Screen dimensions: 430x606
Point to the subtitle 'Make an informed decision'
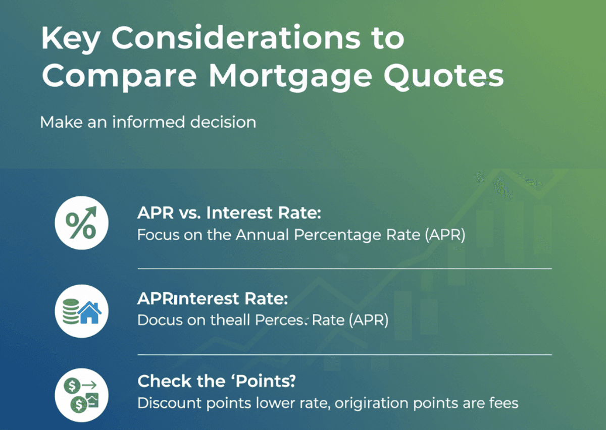[x=147, y=122]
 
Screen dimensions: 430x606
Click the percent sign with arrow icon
[x=81, y=223]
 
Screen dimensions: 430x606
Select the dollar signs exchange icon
[x=81, y=395]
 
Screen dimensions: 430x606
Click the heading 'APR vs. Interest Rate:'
[x=229, y=213]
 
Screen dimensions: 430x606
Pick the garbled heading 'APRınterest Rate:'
[x=213, y=299]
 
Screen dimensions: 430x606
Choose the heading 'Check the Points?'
[x=217, y=382]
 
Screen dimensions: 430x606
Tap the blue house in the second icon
[x=90, y=313]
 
